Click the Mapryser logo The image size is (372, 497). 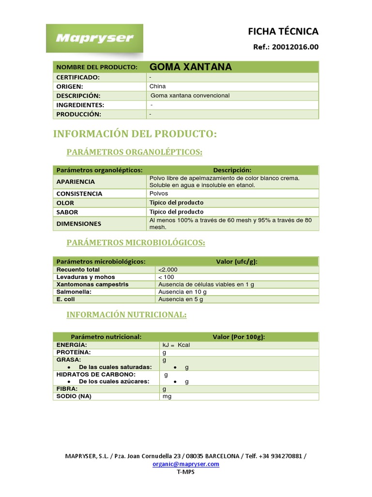[x=94, y=38]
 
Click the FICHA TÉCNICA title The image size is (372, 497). [x=283, y=32]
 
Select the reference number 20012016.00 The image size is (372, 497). [x=295, y=47]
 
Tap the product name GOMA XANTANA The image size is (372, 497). [x=190, y=67]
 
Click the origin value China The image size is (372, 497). [x=157, y=86]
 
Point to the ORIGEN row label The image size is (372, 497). [x=70, y=86]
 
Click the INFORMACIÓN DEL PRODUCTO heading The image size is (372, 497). [x=135, y=133]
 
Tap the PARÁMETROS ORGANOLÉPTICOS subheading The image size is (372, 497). [x=134, y=152]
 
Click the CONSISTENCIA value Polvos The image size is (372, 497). [x=159, y=194]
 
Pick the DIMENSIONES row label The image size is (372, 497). [x=79, y=224]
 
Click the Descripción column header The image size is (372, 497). [x=232, y=170]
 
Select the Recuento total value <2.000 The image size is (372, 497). [x=168, y=269]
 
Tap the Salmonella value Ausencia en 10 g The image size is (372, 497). [x=182, y=292]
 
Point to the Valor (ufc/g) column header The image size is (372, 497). [x=236, y=262]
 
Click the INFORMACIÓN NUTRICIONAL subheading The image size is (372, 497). [x=126, y=315]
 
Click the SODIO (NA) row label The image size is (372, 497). [x=74, y=396]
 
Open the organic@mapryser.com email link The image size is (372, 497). [x=186, y=464]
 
